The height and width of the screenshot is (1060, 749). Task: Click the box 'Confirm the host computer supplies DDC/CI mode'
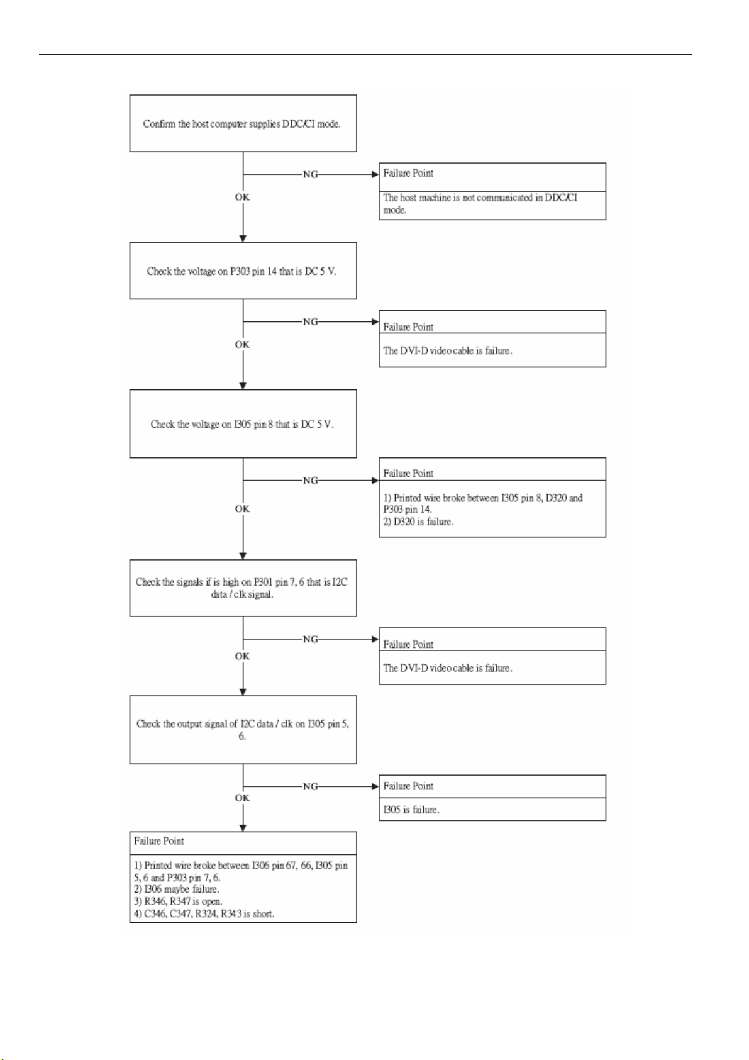pyautogui.click(x=243, y=123)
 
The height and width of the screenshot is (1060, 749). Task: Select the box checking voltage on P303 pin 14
pyautogui.click(x=243, y=271)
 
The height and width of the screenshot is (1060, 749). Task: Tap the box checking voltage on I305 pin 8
pyautogui.click(x=243, y=423)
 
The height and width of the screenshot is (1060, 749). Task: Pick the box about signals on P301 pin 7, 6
pyautogui.click(x=243, y=588)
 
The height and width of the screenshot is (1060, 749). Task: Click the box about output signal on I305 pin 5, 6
pyautogui.click(x=243, y=729)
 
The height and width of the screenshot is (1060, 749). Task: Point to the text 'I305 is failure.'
pyautogui.click(x=411, y=810)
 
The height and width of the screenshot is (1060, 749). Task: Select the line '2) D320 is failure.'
pyautogui.click(x=418, y=522)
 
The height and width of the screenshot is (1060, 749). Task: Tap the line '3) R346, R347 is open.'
pyautogui.click(x=178, y=901)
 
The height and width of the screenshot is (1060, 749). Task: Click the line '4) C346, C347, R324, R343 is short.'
pyautogui.click(x=204, y=914)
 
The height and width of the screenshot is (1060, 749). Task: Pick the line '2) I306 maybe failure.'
pyautogui.click(x=177, y=889)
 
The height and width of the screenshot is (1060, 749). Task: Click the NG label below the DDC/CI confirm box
pyautogui.click(x=311, y=174)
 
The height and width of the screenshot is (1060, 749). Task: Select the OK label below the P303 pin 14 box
pyautogui.click(x=242, y=345)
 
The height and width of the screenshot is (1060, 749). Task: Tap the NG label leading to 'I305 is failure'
pyautogui.click(x=311, y=786)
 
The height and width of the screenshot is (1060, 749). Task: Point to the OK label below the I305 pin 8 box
pyautogui.click(x=242, y=509)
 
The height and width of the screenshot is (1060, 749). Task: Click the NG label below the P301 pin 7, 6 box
pyautogui.click(x=311, y=639)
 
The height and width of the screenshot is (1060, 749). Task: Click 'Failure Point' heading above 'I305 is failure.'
pyautogui.click(x=408, y=786)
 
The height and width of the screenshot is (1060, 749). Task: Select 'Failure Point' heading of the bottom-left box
pyautogui.click(x=159, y=841)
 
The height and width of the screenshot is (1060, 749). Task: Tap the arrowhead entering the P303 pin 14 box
pyautogui.click(x=243, y=238)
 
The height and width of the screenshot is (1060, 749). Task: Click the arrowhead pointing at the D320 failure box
pyautogui.click(x=375, y=481)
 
